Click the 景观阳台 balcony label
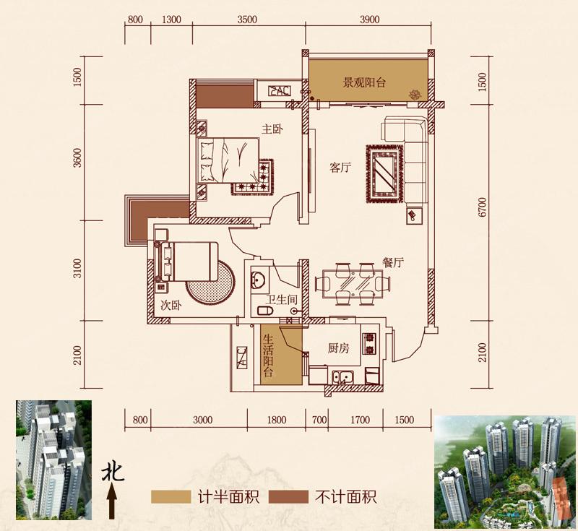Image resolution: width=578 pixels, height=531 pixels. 364,83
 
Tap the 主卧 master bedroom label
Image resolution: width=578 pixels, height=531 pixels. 272,129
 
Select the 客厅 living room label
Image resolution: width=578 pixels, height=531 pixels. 340,168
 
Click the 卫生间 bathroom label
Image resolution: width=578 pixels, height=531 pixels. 280,299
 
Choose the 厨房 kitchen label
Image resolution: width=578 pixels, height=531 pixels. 338,348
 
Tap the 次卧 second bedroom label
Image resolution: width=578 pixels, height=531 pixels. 171,305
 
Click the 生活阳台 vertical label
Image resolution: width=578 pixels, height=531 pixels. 268,355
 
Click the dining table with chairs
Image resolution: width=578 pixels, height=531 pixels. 353,282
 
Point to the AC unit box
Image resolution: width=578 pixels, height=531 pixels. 279,91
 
